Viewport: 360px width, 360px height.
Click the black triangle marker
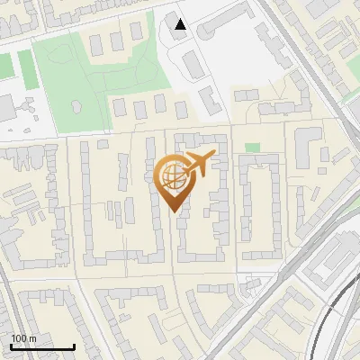[x=181, y=24]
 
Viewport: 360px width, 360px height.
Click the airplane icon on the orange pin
[x=197, y=164]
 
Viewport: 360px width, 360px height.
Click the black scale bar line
[x=41, y=347]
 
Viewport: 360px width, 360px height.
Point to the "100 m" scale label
[x=24, y=338]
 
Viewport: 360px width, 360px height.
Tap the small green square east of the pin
[x=252, y=148]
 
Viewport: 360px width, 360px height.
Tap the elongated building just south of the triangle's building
[x=193, y=63]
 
